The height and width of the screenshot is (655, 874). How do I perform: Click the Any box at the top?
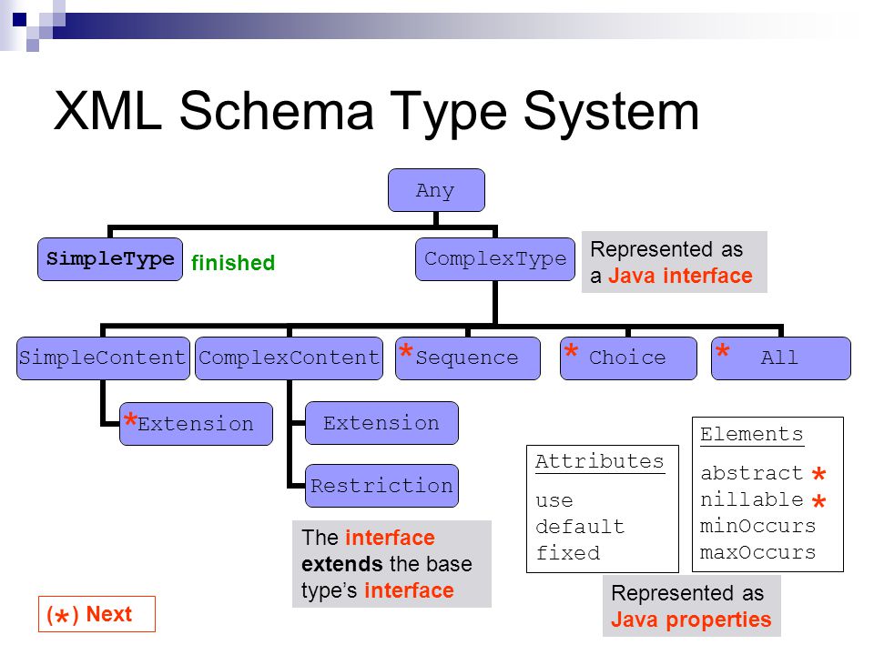(436, 190)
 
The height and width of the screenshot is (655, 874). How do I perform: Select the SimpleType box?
(110, 259)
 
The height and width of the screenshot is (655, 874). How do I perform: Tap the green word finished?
(233, 262)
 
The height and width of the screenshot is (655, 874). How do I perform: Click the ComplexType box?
(495, 259)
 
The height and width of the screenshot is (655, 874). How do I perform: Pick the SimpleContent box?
(103, 358)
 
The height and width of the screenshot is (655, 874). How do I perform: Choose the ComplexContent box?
(289, 358)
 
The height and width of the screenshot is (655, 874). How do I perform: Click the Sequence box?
(468, 358)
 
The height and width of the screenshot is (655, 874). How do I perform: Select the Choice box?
(628, 358)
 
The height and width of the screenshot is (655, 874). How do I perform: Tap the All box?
(781, 358)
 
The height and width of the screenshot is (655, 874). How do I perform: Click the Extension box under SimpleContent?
(197, 424)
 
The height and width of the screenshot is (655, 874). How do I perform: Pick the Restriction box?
(381, 486)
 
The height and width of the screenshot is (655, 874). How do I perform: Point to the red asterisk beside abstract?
(818, 474)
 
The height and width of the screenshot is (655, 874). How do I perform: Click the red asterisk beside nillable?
(818, 501)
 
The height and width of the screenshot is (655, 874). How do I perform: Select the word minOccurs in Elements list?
(758, 526)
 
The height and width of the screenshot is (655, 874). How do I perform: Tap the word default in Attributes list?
(580, 527)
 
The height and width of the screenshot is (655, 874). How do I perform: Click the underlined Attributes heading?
(600, 462)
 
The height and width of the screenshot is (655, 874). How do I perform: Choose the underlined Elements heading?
(752, 435)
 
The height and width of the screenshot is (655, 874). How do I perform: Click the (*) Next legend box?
(97, 614)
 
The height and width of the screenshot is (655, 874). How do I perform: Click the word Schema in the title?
(276, 111)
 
